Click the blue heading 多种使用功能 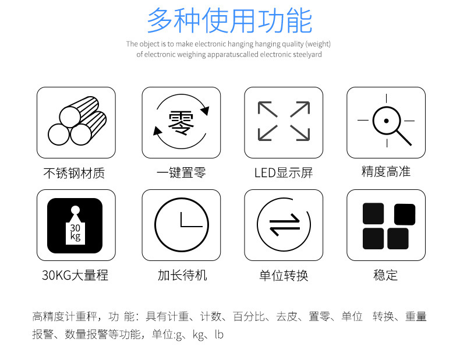point(229,20)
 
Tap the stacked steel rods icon point(77,121)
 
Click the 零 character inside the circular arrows point(181,123)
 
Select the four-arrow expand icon point(284,121)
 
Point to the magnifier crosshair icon point(387,121)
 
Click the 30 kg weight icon point(75,225)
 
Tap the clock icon point(182,225)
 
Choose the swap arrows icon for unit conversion point(284,225)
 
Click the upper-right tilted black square point(405,214)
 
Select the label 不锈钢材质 point(74,173)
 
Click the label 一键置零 point(181,172)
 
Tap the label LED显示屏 point(284,173)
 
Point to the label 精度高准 point(386,171)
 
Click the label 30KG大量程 point(75,275)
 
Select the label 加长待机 point(182,275)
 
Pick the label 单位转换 point(284,276)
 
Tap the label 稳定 point(385,275)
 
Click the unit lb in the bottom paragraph point(219,334)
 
